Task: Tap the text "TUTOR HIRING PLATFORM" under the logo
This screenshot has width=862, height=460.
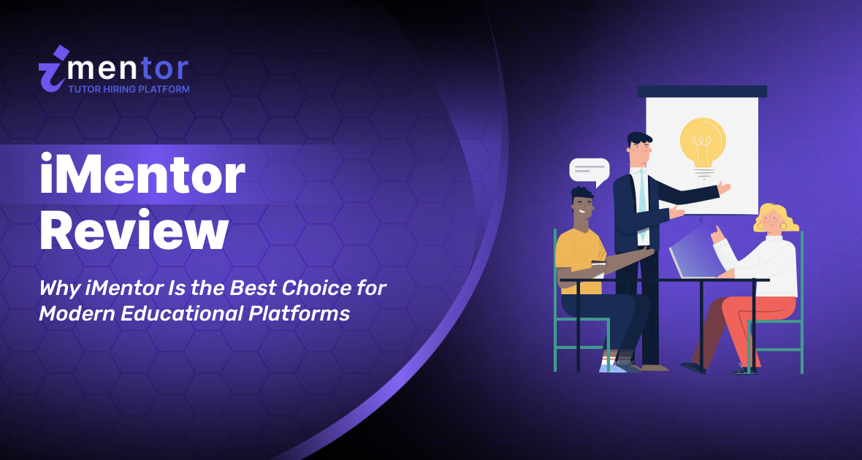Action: click(x=129, y=89)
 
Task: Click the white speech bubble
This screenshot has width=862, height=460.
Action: click(x=589, y=171)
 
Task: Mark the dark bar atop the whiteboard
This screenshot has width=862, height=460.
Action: click(x=701, y=91)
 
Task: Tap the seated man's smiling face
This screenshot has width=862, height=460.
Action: click(x=583, y=207)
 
